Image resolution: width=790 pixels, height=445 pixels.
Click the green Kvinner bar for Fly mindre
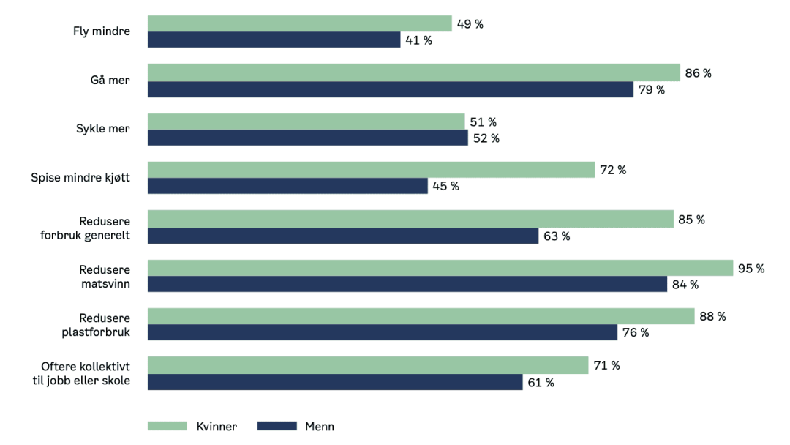[300, 23]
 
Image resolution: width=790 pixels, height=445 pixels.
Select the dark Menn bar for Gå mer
[391, 89]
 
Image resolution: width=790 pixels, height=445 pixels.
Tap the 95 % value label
[751, 268]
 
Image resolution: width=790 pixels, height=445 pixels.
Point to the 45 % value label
[445, 186]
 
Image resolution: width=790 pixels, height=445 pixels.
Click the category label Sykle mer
[102, 129]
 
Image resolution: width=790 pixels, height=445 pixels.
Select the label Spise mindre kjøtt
[80, 178]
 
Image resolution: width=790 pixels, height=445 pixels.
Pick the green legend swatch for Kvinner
[168, 426]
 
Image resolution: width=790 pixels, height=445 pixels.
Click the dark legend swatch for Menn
[276, 426]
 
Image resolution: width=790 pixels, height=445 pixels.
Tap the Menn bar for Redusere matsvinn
[407, 284]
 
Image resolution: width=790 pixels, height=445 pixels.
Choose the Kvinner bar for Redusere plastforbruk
[421, 316]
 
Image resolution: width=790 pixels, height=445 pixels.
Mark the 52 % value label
[486, 138]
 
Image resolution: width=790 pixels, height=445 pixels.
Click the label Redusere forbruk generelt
[85, 227]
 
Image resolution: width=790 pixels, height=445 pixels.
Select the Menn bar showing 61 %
[335, 382]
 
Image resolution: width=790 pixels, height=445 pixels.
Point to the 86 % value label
[698, 72]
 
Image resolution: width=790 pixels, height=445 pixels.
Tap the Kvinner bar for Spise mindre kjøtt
[371, 170]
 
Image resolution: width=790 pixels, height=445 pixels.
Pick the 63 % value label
[556, 236]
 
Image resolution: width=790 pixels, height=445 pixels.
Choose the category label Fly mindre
[101, 31]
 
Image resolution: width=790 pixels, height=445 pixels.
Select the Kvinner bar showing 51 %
[306, 121]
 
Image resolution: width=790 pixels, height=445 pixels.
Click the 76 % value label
[635, 332]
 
